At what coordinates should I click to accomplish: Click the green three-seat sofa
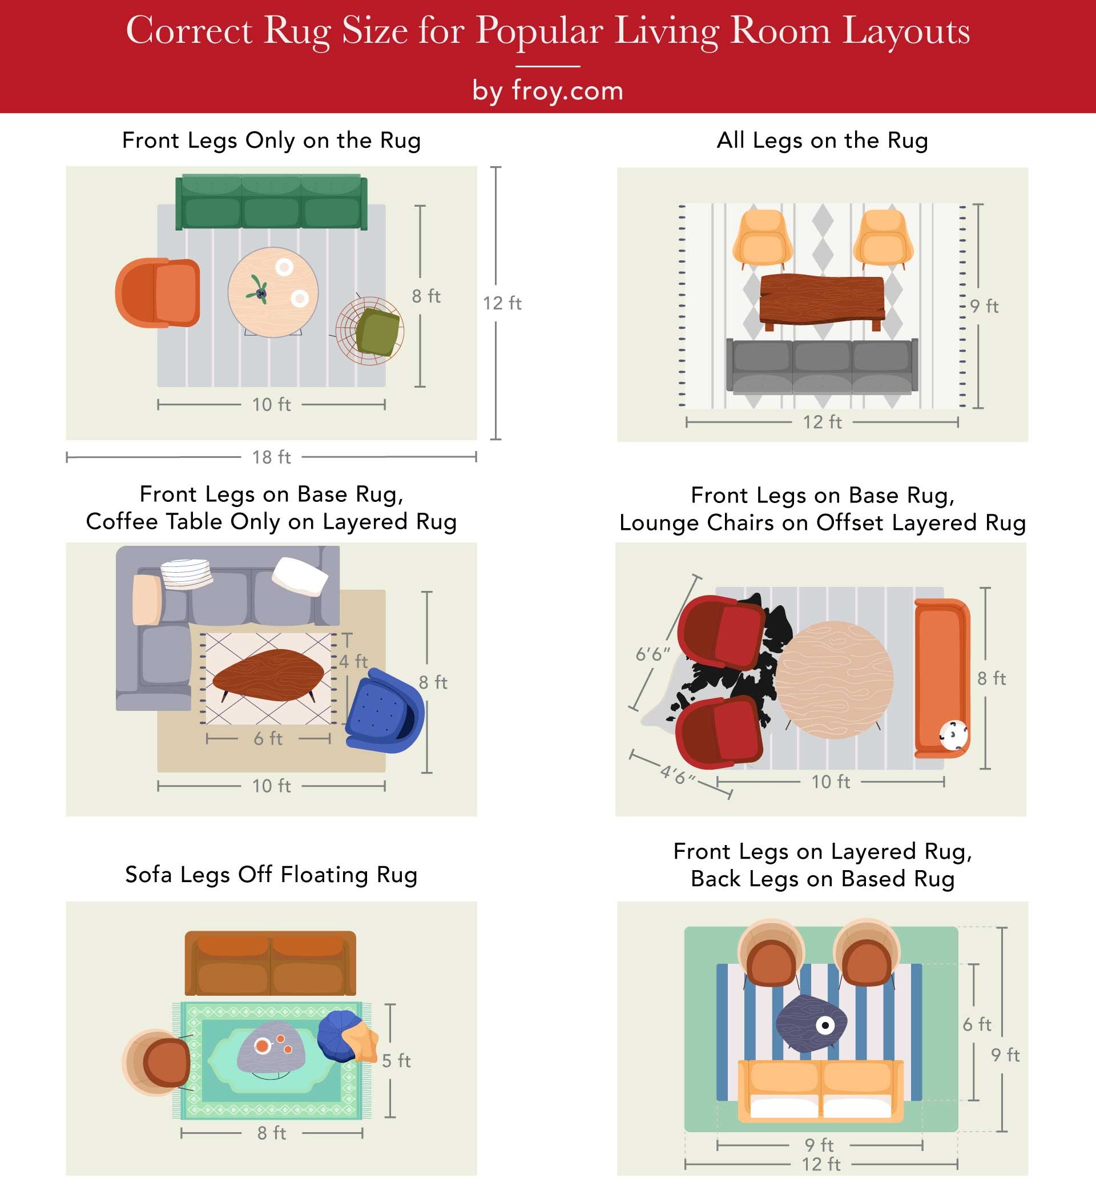[x=271, y=202]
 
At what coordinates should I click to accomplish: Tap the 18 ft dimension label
[x=271, y=457]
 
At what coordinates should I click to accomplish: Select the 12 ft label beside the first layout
[x=502, y=303]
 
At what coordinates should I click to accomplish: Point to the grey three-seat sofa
[x=822, y=366]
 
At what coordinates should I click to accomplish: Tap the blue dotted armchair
[x=384, y=710]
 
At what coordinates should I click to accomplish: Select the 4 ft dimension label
[x=353, y=661]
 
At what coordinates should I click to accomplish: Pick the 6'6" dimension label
[x=653, y=654]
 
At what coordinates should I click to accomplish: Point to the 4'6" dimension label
[x=678, y=775]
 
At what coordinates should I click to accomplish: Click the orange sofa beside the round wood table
[x=941, y=678]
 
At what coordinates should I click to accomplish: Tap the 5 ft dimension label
[x=396, y=1060]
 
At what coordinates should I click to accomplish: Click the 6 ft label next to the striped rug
[x=977, y=1024]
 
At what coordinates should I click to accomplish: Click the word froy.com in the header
[x=567, y=90]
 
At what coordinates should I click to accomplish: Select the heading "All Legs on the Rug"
[x=822, y=140]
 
